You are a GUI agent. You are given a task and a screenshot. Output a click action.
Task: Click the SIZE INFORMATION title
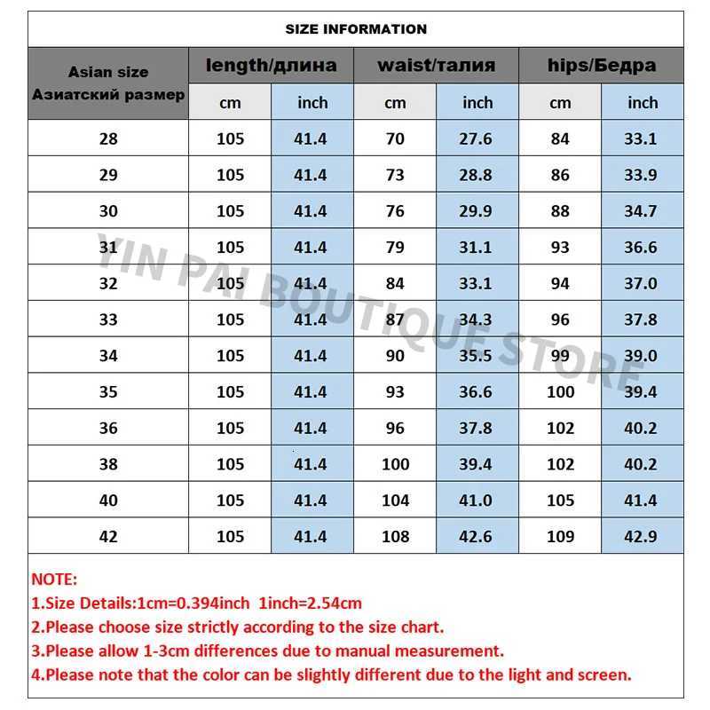(356, 29)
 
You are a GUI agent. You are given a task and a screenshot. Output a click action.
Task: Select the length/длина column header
(271, 65)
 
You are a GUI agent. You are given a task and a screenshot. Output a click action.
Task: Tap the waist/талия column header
(436, 65)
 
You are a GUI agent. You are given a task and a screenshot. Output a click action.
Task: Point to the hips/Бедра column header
(601, 65)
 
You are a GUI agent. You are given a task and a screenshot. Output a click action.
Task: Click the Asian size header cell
(108, 83)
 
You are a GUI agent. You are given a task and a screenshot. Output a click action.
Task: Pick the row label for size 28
(108, 138)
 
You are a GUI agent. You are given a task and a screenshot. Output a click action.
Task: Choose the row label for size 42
(108, 536)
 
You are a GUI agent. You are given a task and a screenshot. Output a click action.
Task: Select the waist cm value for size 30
(395, 211)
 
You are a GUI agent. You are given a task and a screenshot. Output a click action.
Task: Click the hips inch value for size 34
(640, 356)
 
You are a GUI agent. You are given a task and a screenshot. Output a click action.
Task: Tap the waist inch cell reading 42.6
(477, 536)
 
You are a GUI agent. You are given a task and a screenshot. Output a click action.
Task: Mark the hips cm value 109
(560, 536)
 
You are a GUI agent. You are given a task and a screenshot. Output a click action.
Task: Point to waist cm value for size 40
(395, 501)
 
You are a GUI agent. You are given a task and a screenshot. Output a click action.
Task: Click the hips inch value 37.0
(640, 284)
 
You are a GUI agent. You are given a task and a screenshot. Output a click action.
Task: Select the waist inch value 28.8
(477, 175)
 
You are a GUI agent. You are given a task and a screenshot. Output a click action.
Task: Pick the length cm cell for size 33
(230, 319)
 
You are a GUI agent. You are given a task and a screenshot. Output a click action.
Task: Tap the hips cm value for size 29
(560, 175)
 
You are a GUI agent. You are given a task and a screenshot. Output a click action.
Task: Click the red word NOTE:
(55, 580)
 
